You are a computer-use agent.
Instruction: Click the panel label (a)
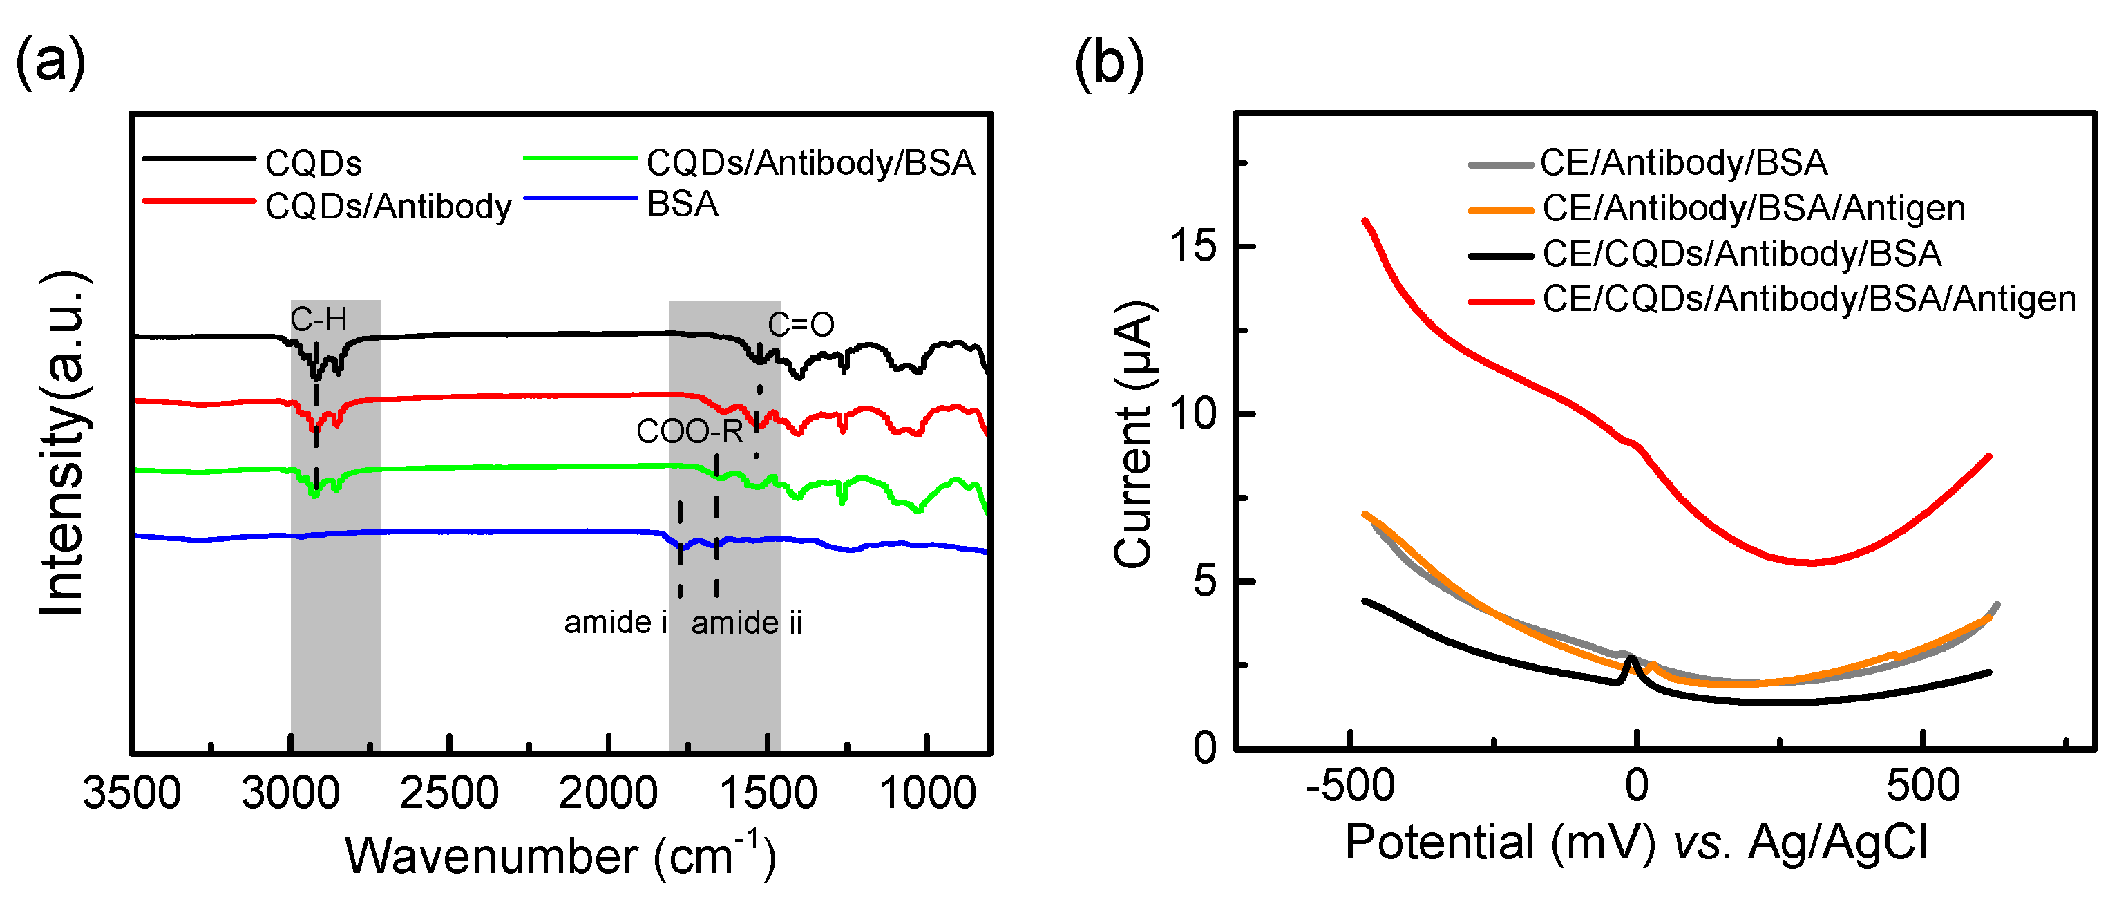point(51,63)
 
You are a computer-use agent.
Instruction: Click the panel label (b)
point(1110,63)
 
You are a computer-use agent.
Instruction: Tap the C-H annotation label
point(319,319)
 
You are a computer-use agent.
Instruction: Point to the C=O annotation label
point(801,325)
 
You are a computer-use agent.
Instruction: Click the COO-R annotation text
point(689,431)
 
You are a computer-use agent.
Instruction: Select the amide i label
point(616,622)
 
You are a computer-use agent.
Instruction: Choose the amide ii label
point(747,622)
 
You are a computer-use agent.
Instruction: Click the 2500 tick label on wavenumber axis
point(449,793)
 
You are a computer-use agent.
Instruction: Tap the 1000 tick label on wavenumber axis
point(928,793)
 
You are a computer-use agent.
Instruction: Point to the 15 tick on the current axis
point(1194,245)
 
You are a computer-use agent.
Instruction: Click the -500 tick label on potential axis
point(1350,786)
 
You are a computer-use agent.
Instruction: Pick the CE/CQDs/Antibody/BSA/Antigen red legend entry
point(1808,299)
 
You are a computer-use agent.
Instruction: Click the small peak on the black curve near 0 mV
point(1631,659)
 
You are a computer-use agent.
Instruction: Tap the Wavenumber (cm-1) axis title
point(561,855)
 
